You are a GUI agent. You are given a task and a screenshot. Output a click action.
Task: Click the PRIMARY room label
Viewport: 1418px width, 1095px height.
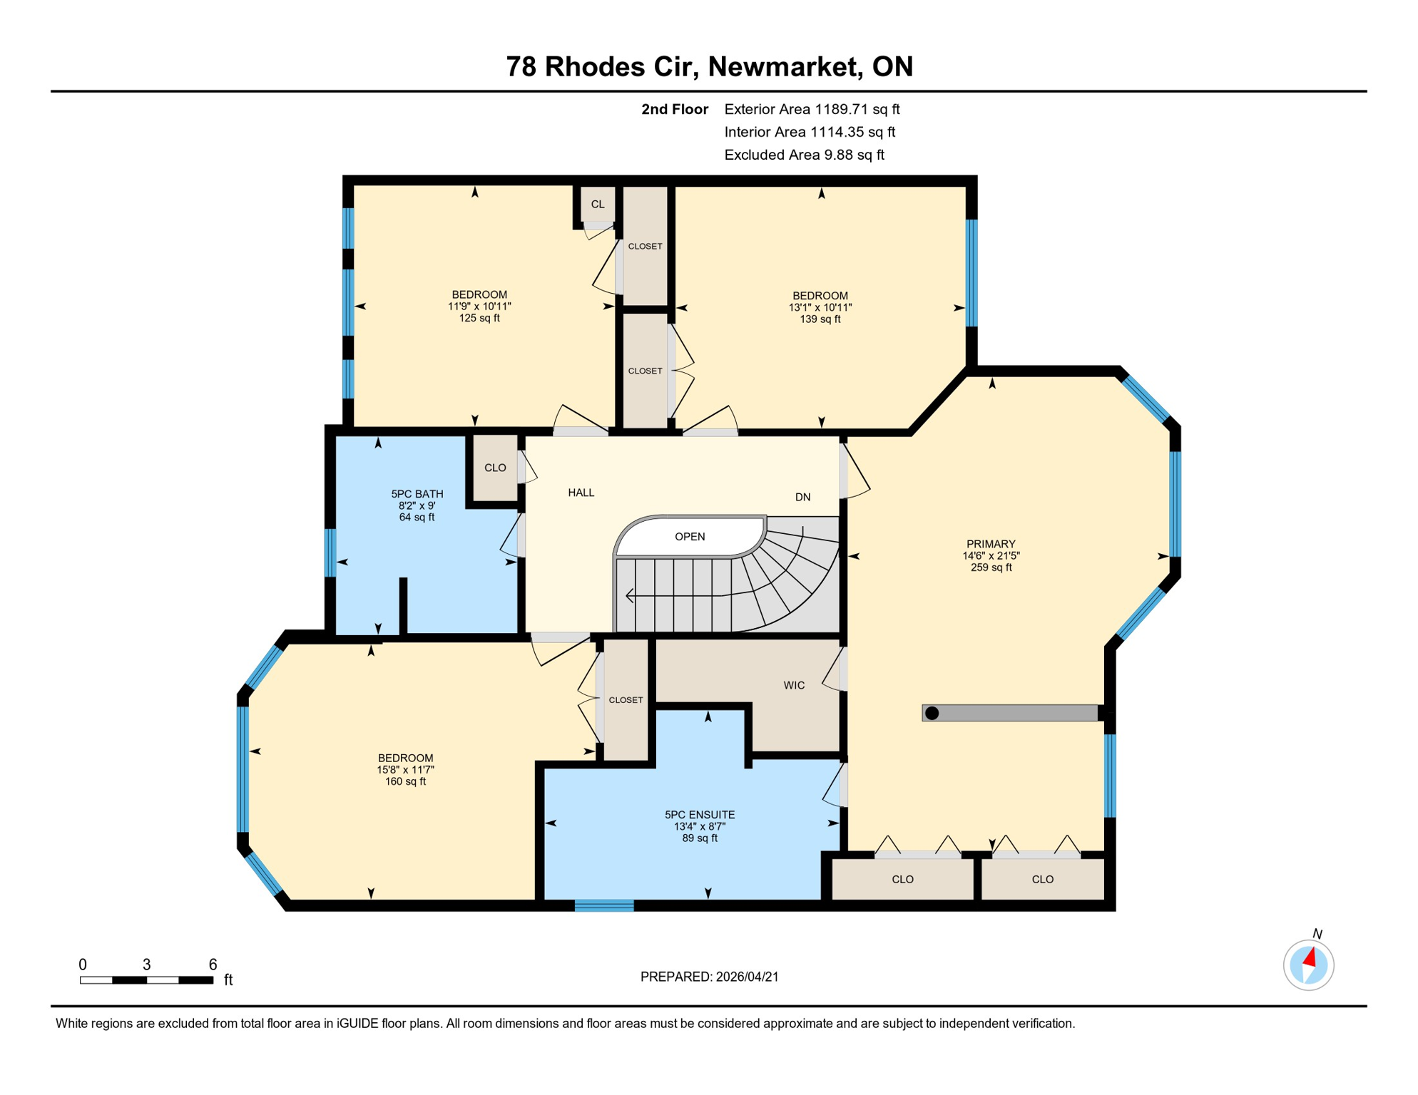point(990,544)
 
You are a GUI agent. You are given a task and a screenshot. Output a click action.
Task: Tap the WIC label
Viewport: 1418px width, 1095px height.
point(794,685)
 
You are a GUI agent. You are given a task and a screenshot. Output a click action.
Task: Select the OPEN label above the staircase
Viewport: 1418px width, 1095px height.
point(690,537)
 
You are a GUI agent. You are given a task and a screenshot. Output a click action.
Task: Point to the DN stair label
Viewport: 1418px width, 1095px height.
point(802,497)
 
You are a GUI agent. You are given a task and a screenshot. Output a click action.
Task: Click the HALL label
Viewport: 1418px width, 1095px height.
point(581,493)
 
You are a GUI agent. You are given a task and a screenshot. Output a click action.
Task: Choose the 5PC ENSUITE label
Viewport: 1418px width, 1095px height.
point(699,815)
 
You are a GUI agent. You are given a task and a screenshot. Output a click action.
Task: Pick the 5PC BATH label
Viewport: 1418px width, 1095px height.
point(417,494)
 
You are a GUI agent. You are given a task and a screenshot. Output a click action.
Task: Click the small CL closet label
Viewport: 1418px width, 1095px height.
point(597,205)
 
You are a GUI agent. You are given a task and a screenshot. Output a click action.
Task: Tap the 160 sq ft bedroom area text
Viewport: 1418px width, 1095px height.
point(405,781)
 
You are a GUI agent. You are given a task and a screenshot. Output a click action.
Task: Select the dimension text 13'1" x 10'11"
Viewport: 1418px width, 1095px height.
point(820,307)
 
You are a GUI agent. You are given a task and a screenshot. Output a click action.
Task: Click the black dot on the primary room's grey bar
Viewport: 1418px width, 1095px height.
point(932,713)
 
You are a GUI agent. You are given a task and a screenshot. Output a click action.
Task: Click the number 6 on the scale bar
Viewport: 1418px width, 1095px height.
point(213,965)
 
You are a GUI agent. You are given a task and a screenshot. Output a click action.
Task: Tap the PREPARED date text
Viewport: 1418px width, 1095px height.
point(709,977)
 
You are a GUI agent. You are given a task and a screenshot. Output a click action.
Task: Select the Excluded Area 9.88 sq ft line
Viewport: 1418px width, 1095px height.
point(804,155)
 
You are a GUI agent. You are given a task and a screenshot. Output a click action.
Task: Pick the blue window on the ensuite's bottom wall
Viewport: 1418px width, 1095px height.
point(604,905)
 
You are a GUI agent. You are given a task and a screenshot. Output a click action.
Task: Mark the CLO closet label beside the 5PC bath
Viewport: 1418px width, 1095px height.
point(495,468)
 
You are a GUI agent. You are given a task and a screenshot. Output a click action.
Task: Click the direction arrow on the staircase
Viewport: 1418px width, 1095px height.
point(631,595)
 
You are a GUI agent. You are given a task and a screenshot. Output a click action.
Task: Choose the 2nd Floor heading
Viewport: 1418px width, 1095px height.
point(674,109)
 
